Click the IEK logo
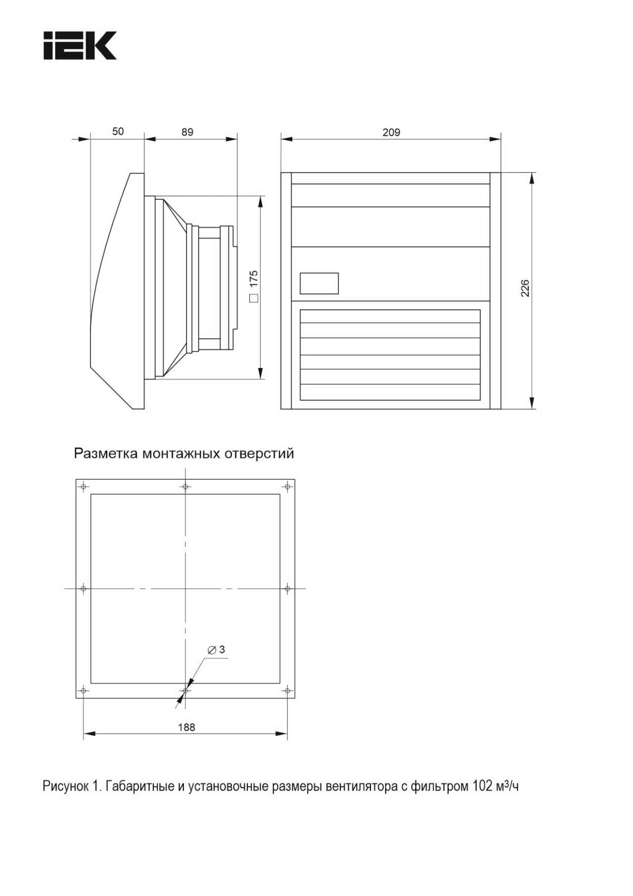(x=80, y=46)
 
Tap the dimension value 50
(x=118, y=131)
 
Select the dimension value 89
(x=187, y=132)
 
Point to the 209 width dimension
(x=391, y=132)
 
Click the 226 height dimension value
(x=525, y=288)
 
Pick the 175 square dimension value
(x=254, y=279)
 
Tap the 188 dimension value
(x=186, y=727)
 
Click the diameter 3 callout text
(x=217, y=650)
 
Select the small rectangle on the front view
(x=319, y=283)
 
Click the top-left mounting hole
(x=83, y=487)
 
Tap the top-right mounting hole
(x=287, y=487)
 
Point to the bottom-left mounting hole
(x=83, y=691)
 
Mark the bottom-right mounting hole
(x=287, y=691)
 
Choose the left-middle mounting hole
(x=83, y=589)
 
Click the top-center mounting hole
(x=185, y=487)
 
